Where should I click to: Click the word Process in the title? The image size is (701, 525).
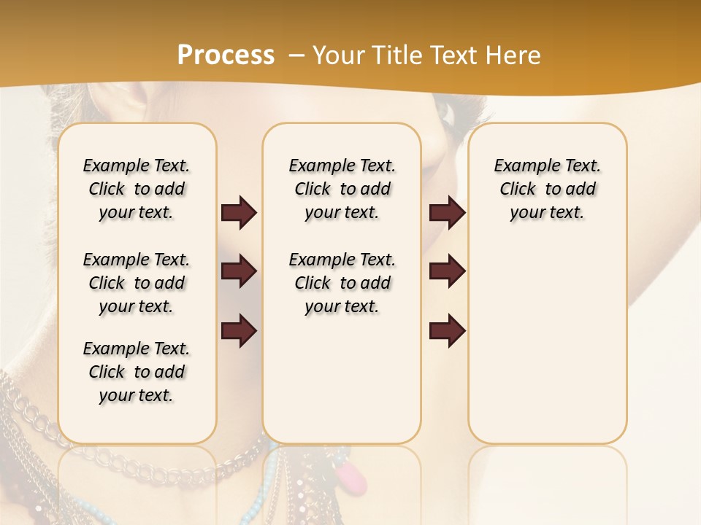coord(226,55)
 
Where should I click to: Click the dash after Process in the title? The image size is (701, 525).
coord(296,56)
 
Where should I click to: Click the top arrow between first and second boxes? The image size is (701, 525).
coord(239,213)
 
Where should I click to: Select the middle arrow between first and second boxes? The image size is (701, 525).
coord(239,271)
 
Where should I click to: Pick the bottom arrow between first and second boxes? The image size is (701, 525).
coord(239,331)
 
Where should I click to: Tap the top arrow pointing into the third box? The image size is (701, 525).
coord(448,213)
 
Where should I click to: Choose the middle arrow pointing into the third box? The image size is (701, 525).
coord(448,271)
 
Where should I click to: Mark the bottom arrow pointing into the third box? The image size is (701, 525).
coord(448,331)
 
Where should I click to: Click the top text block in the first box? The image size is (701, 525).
coord(137,189)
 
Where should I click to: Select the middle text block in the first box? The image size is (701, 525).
coord(137,283)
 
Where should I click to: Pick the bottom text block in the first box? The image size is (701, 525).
coord(137,372)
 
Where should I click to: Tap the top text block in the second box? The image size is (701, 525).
coord(342,189)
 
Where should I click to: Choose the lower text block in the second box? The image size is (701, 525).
coord(342,283)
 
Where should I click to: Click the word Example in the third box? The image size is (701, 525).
coord(520,166)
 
